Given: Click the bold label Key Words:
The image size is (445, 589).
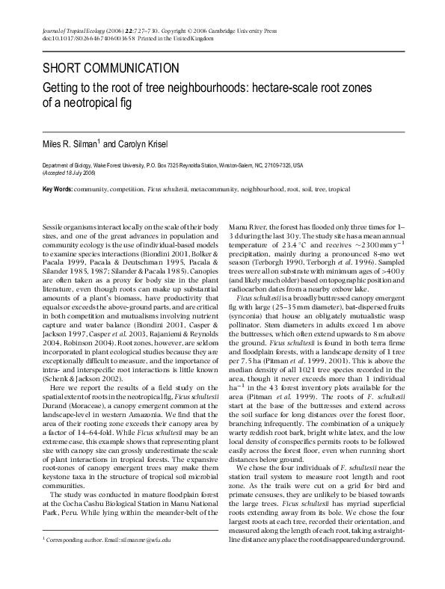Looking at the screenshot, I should (58, 190).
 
